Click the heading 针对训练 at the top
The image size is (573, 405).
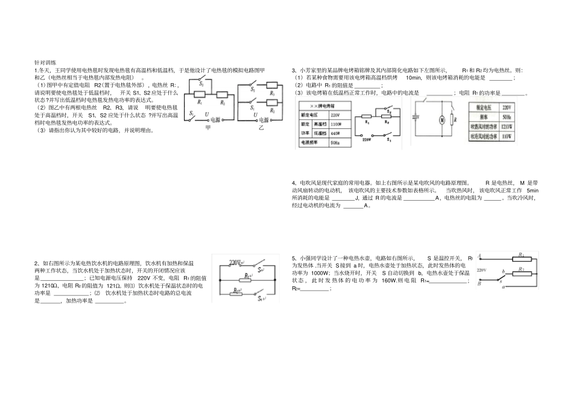45,62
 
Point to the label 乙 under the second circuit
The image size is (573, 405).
261,128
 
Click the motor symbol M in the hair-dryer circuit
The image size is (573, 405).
440,120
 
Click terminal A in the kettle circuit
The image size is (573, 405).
479,256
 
